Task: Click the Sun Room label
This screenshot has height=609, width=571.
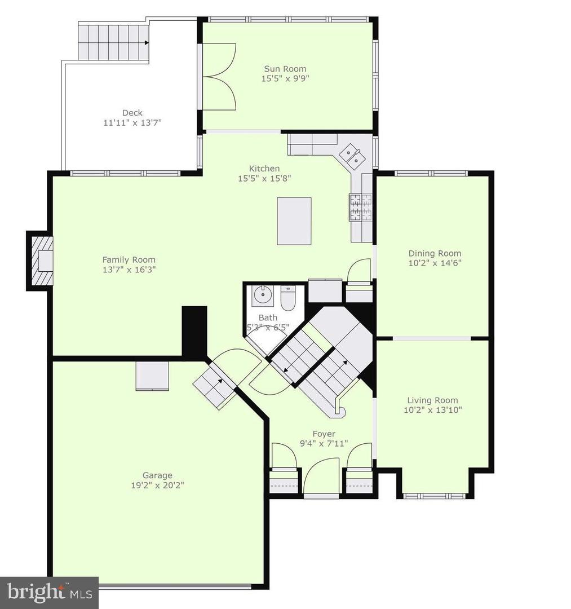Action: pos(285,69)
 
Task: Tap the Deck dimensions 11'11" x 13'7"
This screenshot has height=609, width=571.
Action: pos(132,123)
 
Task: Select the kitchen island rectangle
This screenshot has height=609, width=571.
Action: pos(294,221)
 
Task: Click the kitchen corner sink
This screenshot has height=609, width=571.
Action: pos(351,156)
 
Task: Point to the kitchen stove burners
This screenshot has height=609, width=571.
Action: pos(361,208)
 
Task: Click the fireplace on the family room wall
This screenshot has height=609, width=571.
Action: pos(40,261)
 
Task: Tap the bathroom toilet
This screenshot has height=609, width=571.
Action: pos(287,298)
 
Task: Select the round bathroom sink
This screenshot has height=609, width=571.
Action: pos(263,295)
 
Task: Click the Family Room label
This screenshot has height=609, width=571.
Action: pos(129,260)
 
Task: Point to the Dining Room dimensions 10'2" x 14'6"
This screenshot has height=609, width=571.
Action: pos(435,263)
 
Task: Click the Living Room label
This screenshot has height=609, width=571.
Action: pos(432,400)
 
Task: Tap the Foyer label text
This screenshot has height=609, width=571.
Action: pos(324,434)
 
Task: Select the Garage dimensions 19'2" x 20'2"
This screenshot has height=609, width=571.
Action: pos(157,485)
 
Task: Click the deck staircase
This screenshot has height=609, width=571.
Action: pos(114,42)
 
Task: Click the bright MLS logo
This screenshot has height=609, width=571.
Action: pos(49,593)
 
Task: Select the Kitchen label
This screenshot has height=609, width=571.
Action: pos(264,169)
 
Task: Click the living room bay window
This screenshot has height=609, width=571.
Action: pos(435,496)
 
